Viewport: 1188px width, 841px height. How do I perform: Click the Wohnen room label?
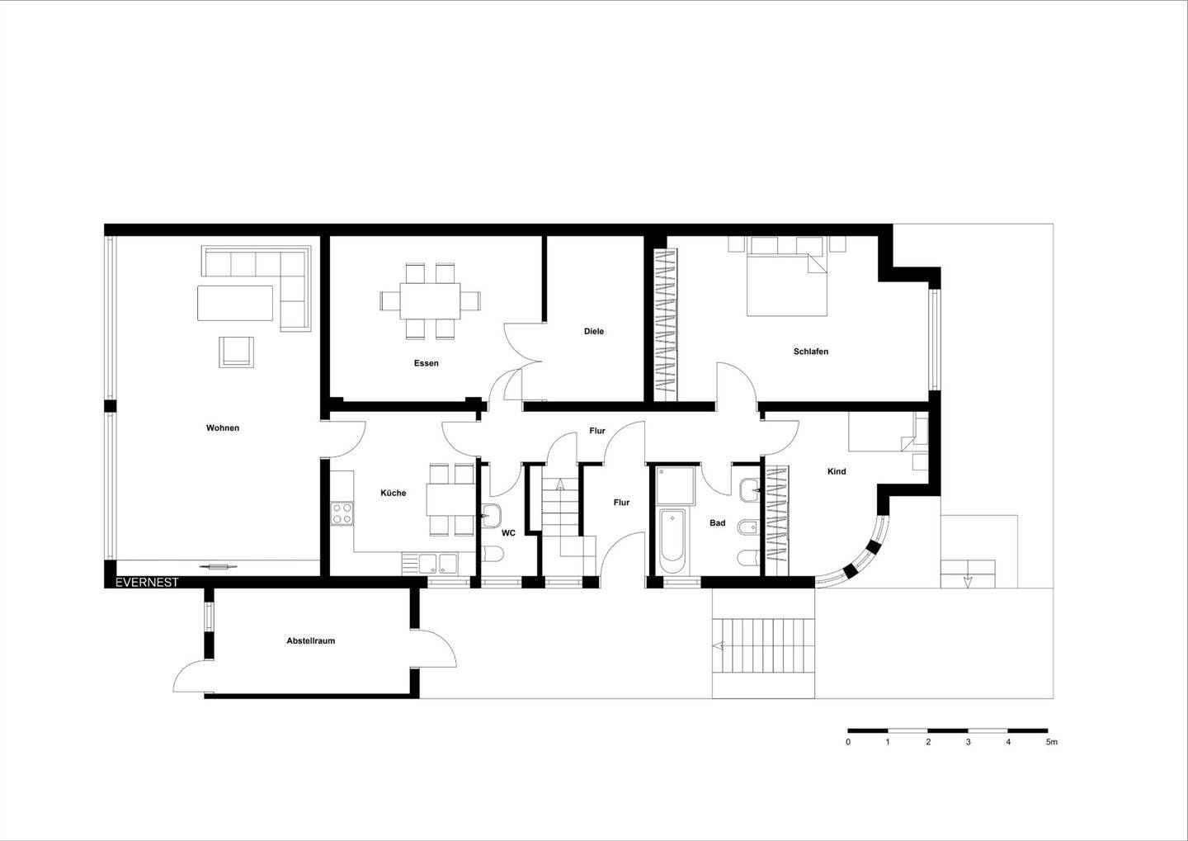223,428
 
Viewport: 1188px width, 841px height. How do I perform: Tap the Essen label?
427,363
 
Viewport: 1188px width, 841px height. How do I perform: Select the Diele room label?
594,331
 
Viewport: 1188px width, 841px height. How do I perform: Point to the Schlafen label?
811,352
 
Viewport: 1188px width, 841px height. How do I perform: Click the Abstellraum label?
311,640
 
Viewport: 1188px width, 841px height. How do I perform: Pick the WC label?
508,533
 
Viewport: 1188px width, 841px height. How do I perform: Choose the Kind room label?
837,471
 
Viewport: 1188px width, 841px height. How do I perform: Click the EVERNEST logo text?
147,582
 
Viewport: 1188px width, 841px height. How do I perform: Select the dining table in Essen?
431,300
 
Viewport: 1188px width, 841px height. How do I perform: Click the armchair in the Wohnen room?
237,351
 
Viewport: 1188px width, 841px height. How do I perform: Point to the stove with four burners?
341,513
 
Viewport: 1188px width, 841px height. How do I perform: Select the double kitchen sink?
439,563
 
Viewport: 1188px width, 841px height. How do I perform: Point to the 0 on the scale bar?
848,742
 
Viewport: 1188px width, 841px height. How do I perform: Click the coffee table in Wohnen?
235,303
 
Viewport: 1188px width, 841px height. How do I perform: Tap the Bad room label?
717,522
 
